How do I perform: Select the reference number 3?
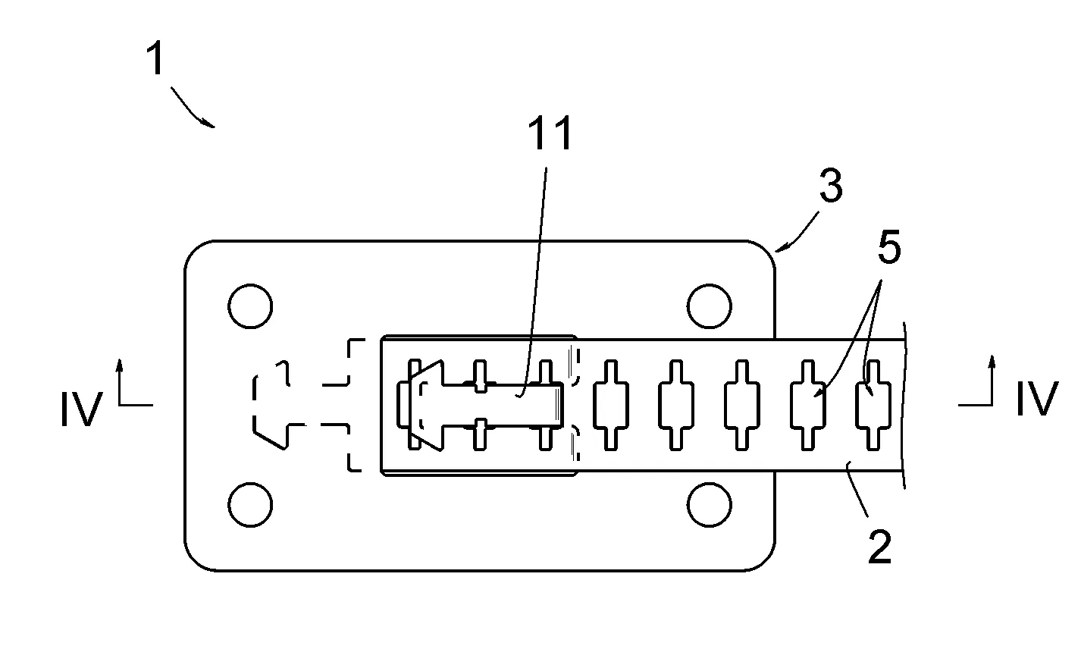pyautogui.click(x=831, y=187)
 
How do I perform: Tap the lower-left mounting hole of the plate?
pyautogui.click(x=249, y=504)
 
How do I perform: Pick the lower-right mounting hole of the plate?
pyautogui.click(x=710, y=504)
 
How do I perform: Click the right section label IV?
pyautogui.click(x=1036, y=400)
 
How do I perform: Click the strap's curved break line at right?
pyautogui.click(x=905, y=406)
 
